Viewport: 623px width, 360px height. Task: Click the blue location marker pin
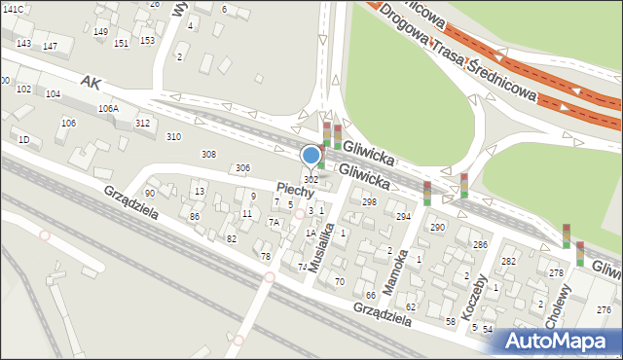(311, 156)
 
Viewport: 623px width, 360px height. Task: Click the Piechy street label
(294, 191)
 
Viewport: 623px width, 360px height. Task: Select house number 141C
(13, 9)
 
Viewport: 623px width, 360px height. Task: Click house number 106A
(108, 109)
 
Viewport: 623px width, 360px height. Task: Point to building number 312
(142, 123)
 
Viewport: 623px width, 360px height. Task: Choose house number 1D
(23, 140)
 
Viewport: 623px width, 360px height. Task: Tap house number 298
(369, 201)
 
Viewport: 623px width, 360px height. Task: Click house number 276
(605, 309)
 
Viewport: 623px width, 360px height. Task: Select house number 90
(149, 194)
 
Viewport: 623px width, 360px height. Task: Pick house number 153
(147, 40)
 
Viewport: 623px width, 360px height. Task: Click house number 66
(370, 295)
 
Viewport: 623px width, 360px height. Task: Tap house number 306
(242, 169)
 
